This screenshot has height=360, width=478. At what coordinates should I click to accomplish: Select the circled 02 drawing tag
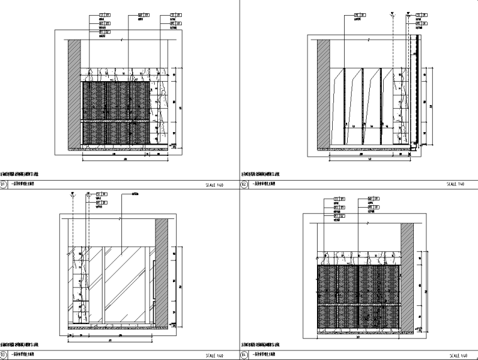pyautogui.click(x=244, y=185)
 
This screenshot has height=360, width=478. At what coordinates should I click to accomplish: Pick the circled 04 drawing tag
pyautogui.click(x=244, y=356)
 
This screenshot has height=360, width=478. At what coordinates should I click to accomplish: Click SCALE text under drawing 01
pyautogui.click(x=214, y=186)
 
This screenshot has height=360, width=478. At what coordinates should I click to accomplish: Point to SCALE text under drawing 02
pyautogui.click(x=454, y=185)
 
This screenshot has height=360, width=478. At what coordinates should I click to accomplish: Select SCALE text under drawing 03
pyautogui.click(x=214, y=356)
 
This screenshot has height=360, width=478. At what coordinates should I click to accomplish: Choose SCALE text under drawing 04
pyautogui.click(x=454, y=356)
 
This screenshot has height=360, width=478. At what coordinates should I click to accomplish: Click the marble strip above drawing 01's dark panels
pyautogui.click(x=119, y=73)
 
